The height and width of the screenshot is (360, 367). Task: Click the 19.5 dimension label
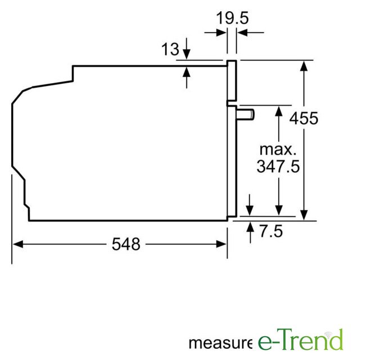[232, 18]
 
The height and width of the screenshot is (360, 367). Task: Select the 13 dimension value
[170, 49]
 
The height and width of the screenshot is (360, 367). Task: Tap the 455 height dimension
[303, 118]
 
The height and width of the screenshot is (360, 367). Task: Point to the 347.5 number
[278, 166]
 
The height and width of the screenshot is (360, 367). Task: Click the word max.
[278, 150]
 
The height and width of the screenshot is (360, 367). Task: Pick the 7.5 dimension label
[271, 231]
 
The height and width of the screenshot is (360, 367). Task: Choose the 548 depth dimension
[126, 244]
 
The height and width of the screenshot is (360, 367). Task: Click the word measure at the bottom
[220, 344]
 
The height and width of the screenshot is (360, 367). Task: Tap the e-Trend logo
[301, 340]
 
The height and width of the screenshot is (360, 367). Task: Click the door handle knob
[246, 115]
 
